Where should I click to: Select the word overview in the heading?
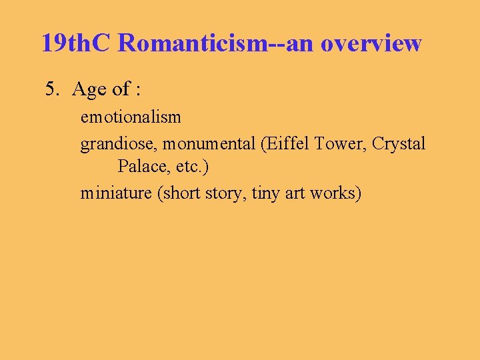click(x=371, y=43)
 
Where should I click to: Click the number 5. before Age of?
click(x=53, y=89)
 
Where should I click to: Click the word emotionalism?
click(x=131, y=117)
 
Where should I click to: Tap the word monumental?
click(x=209, y=143)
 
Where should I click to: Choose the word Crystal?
click(x=399, y=143)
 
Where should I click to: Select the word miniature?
click(x=115, y=193)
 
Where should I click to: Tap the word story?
click(x=223, y=193)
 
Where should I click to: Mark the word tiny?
click(x=266, y=193)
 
